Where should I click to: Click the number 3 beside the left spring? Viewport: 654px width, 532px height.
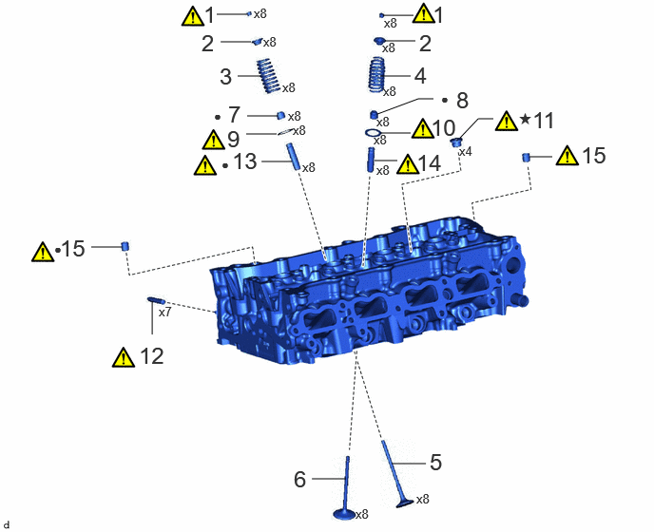point(225,77)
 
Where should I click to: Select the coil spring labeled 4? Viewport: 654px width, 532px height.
point(376,75)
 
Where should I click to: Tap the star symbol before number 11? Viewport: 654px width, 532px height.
point(526,120)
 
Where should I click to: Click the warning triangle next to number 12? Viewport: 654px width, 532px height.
point(124,357)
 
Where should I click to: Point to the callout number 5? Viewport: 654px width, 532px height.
point(435,463)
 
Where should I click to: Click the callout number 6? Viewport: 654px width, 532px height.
point(299,480)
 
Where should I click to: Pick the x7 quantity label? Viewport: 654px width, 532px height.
point(164,312)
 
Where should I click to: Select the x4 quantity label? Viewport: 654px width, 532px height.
point(465,152)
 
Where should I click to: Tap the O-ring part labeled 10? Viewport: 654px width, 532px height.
point(374,133)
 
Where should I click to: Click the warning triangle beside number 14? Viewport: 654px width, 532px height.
point(408,163)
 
